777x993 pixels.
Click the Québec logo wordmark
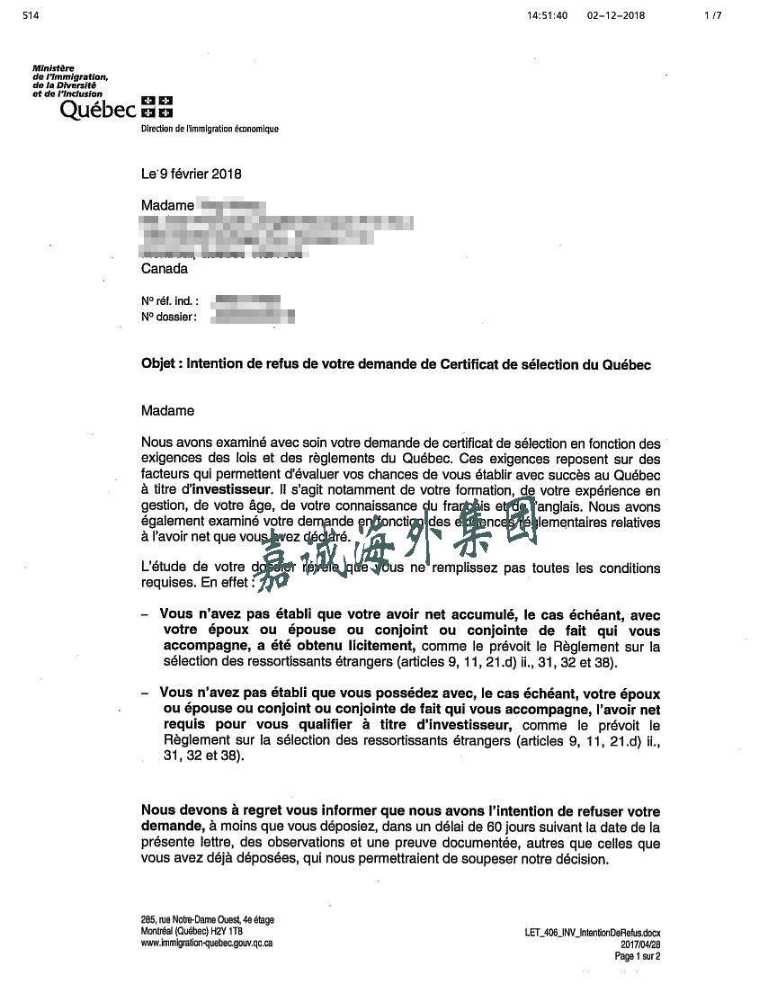pyautogui.click(x=97, y=110)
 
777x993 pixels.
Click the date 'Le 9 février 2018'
pyautogui.click(x=191, y=174)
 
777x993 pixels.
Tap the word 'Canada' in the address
pyautogui.click(x=165, y=269)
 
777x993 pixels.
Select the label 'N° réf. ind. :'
pyautogui.click(x=170, y=301)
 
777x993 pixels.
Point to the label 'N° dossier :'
pyautogui.click(x=168, y=317)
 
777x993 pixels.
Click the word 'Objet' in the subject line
pyautogui.click(x=160, y=365)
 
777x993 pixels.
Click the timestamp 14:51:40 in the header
pyautogui.click(x=548, y=15)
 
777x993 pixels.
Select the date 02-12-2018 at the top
pyautogui.click(x=616, y=15)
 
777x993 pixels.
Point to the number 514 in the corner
pyautogui.click(x=31, y=15)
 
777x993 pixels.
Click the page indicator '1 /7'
pyautogui.click(x=713, y=15)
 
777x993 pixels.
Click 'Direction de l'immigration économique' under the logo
pyautogui.click(x=210, y=130)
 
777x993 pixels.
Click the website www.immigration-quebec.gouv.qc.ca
pyautogui.click(x=207, y=943)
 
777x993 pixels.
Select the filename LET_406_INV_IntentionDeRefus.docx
pyautogui.click(x=593, y=935)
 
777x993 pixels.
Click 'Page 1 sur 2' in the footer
pyautogui.click(x=638, y=957)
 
